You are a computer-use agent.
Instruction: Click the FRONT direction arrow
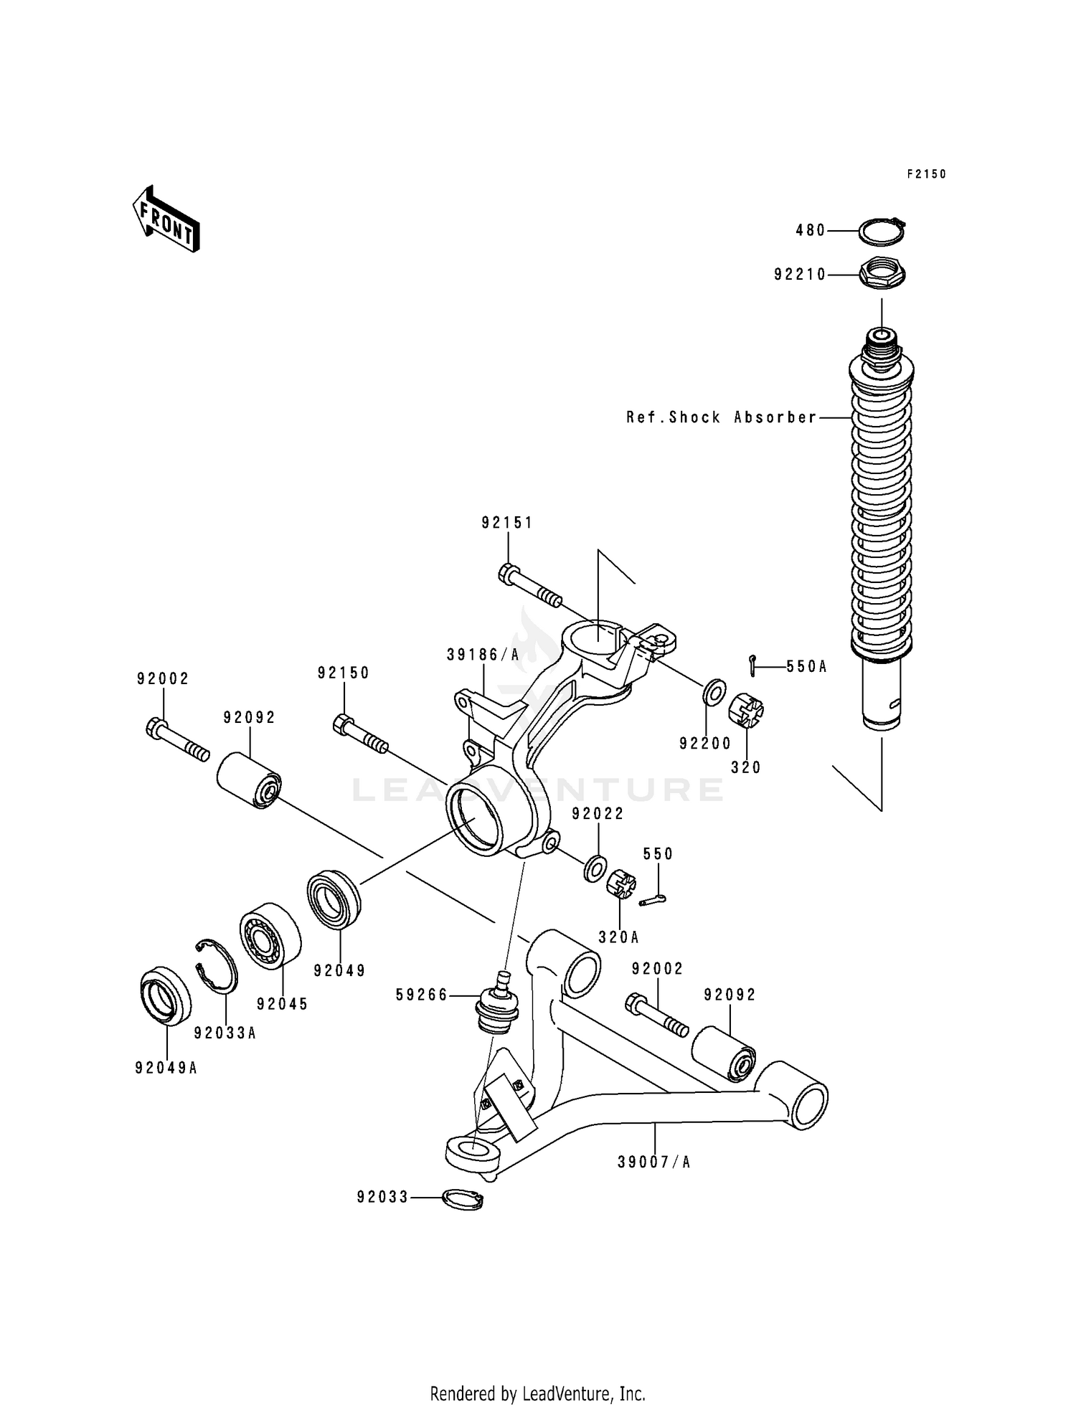pos(165,219)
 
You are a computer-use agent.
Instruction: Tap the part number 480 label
pos(811,231)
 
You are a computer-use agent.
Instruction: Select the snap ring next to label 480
pos(882,231)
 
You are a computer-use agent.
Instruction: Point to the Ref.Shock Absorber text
pos(722,417)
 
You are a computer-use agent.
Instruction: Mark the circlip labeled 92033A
pos(216,965)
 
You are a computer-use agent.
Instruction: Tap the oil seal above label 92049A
pos(165,995)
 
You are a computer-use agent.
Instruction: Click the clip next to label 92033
pos(463,1198)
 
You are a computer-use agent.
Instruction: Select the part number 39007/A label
pos(653,1162)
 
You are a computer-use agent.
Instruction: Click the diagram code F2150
pos(926,174)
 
